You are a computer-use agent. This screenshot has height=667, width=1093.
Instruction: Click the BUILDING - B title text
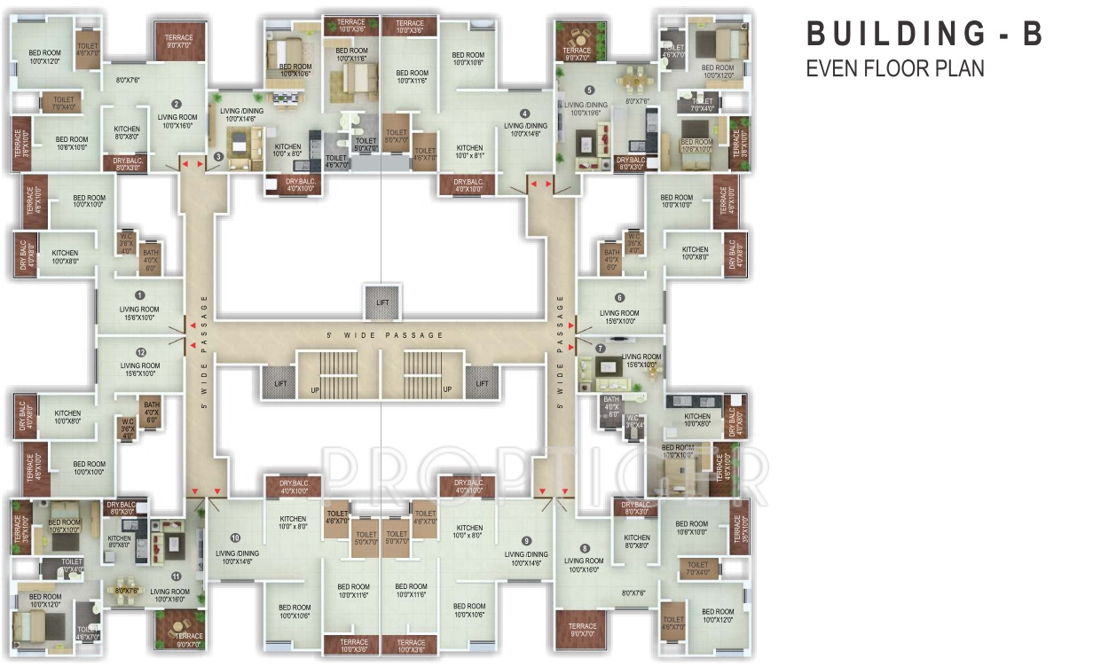pyautogui.click(x=924, y=35)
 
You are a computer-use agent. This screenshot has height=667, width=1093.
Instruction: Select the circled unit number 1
pyautogui.click(x=139, y=294)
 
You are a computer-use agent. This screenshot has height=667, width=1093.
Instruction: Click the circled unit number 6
pyautogui.click(x=619, y=298)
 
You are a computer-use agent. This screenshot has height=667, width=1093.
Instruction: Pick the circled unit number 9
pyautogui.click(x=526, y=540)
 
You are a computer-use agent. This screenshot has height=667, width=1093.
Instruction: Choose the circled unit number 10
pyautogui.click(x=234, y=538)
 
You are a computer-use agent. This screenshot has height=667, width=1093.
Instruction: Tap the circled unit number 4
pyautogui.click(x=524, y=114)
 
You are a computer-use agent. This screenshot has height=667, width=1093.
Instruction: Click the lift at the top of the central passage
pyautogui.click(x=381, y=302)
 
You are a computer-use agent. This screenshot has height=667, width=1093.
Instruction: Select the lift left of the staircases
pyautogui.click(x=277, y=383)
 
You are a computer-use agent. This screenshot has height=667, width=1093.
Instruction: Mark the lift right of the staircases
pyautogui.click(x=482, y=383)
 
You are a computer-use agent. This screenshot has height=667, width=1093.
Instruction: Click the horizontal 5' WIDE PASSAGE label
pyautogui.click(x=383, y=335)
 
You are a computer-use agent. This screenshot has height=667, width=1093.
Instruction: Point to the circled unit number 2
pyautogui.click(x=177, y=104)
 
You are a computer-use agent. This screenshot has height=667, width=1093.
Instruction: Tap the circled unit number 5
pyautogui.click(x=589, y=90)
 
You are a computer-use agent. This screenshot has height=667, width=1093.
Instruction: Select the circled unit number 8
pyautogui.click(x=585, y=548)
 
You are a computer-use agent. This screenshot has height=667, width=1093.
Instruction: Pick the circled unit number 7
pyautogui.click(x=601, y=349)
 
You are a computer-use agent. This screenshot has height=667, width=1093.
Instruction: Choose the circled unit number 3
pyautogui.click(x=218, y=158)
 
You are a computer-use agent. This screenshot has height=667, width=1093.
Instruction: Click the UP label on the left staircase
pyautogui.click(x=313, y=389)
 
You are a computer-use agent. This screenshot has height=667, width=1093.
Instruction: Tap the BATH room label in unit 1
pyautogui.click(x=151, y=259)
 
